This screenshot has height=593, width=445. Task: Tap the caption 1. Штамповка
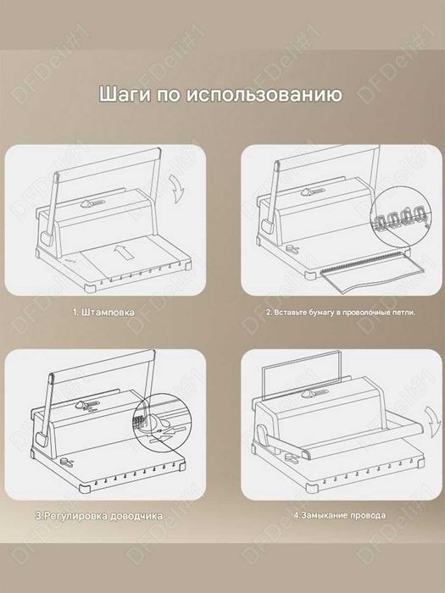(x=103, y=313)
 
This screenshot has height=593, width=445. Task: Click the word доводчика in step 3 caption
(x=127, y=514)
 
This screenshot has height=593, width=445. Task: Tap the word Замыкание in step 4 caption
(x=322, y=514)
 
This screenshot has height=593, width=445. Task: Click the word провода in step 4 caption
(x=364, y=514)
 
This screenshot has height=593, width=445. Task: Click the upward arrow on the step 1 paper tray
(x=121, y=252)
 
